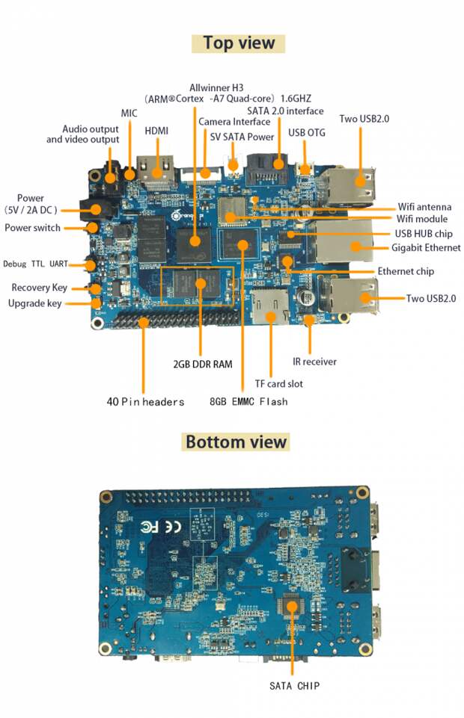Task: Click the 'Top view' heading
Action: (239, 43)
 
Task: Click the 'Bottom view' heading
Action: (236, 442)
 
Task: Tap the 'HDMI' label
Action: (156, 131)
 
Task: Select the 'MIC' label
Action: (129, 113)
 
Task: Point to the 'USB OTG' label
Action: (306, 133)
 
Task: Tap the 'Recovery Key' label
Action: (39, 288)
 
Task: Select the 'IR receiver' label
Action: (314, 362)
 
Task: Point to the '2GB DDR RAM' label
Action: (202, 365)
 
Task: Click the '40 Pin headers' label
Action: (145, 402)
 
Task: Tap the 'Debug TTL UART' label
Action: (35, 264)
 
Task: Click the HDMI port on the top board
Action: (159, 170)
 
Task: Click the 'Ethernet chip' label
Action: (406, 271)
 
